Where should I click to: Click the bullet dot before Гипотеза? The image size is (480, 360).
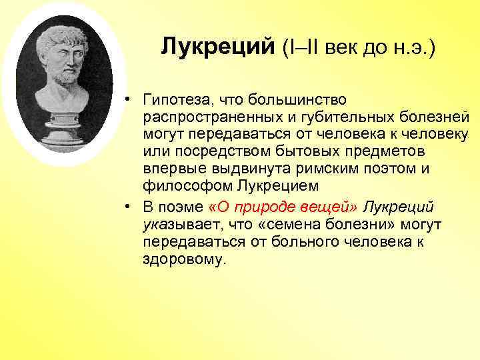tap(127, 101)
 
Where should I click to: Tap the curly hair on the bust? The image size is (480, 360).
tap(63, 33)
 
